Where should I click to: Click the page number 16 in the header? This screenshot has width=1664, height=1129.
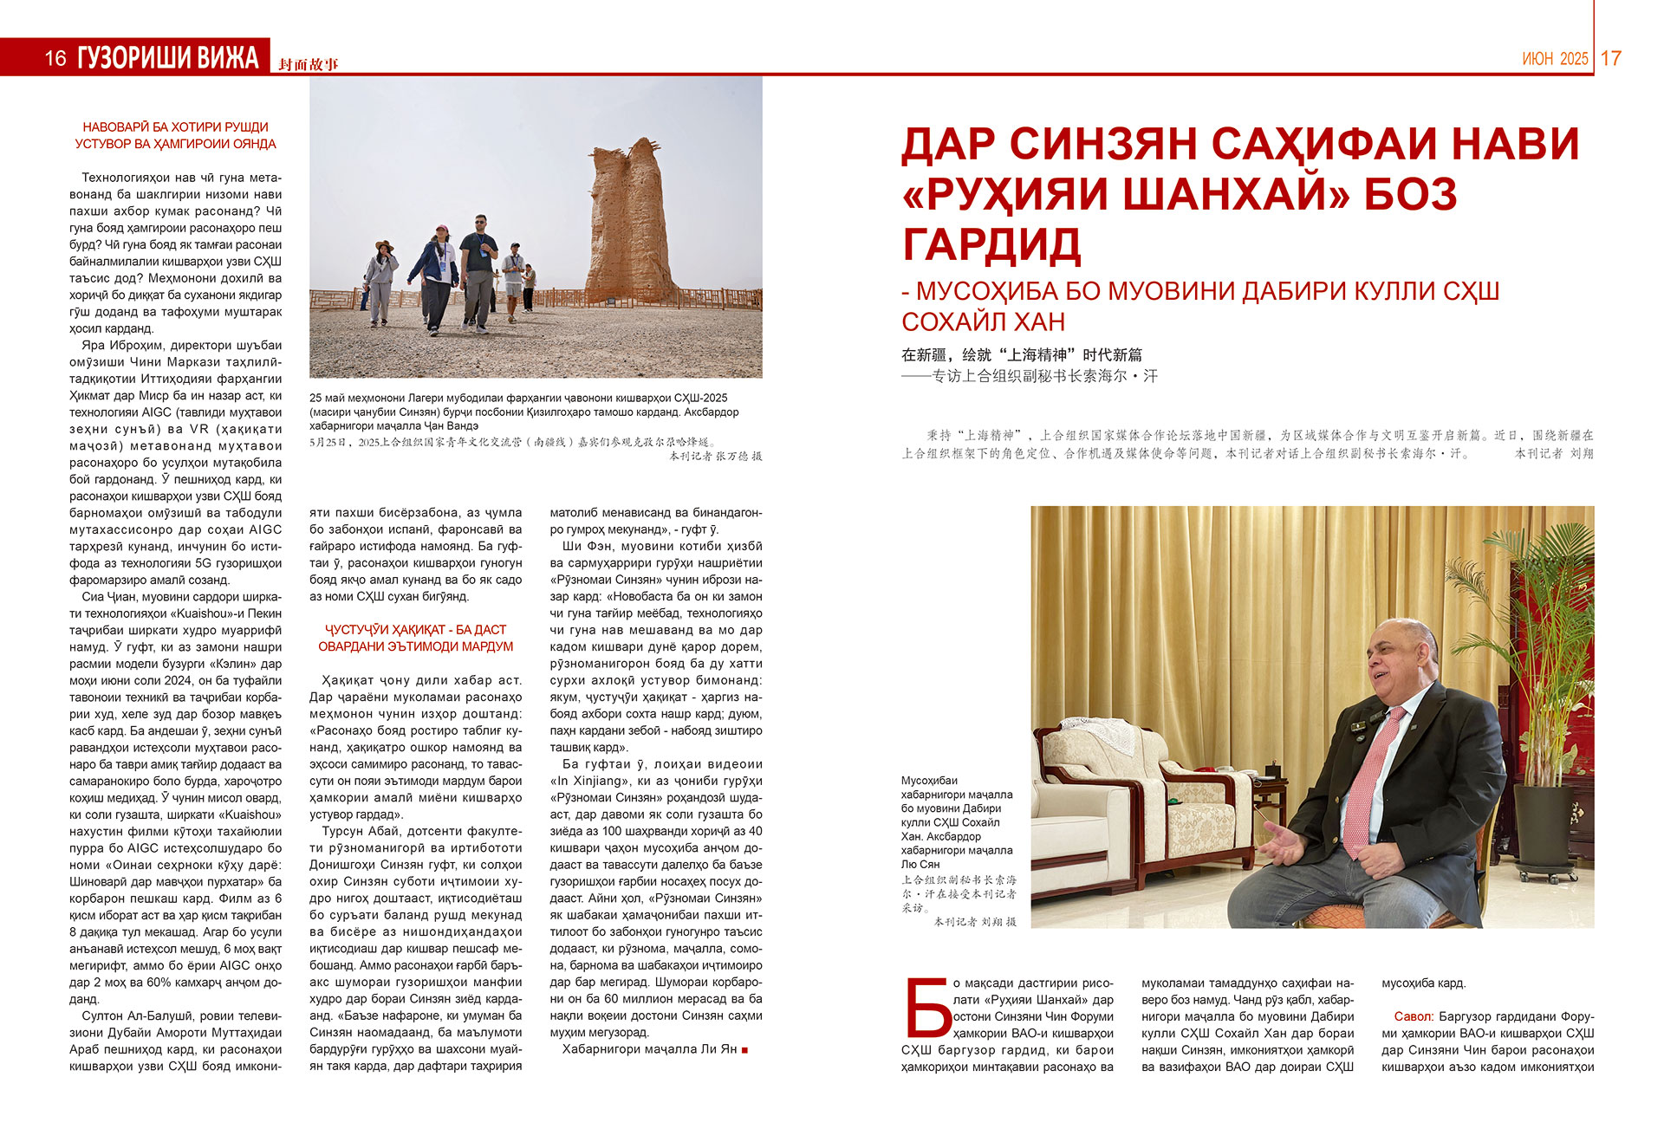(x=55, y=58)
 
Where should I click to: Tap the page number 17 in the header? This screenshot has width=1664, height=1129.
(x=1610, y=58)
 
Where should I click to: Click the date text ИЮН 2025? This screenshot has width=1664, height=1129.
(x=1555, y=59)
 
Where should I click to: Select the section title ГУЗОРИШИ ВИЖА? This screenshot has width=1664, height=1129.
(x=168, y=58)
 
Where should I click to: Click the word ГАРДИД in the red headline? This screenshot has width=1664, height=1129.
(x=991, y=244)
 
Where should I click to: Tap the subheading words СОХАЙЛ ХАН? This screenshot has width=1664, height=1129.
(x=983, y=321)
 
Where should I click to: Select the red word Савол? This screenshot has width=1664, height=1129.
(x=1414, y=1016)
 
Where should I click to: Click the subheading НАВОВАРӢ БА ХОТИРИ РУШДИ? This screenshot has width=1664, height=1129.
(x=175, y=127)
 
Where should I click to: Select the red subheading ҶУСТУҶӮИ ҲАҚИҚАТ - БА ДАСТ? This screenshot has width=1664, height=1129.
(x=415, y=630)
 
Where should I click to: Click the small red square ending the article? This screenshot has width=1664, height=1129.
(x=745, y=1050)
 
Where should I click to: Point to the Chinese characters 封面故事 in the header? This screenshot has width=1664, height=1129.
(x=309, y=64)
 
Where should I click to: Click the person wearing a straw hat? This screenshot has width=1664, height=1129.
(x=380, y=282)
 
